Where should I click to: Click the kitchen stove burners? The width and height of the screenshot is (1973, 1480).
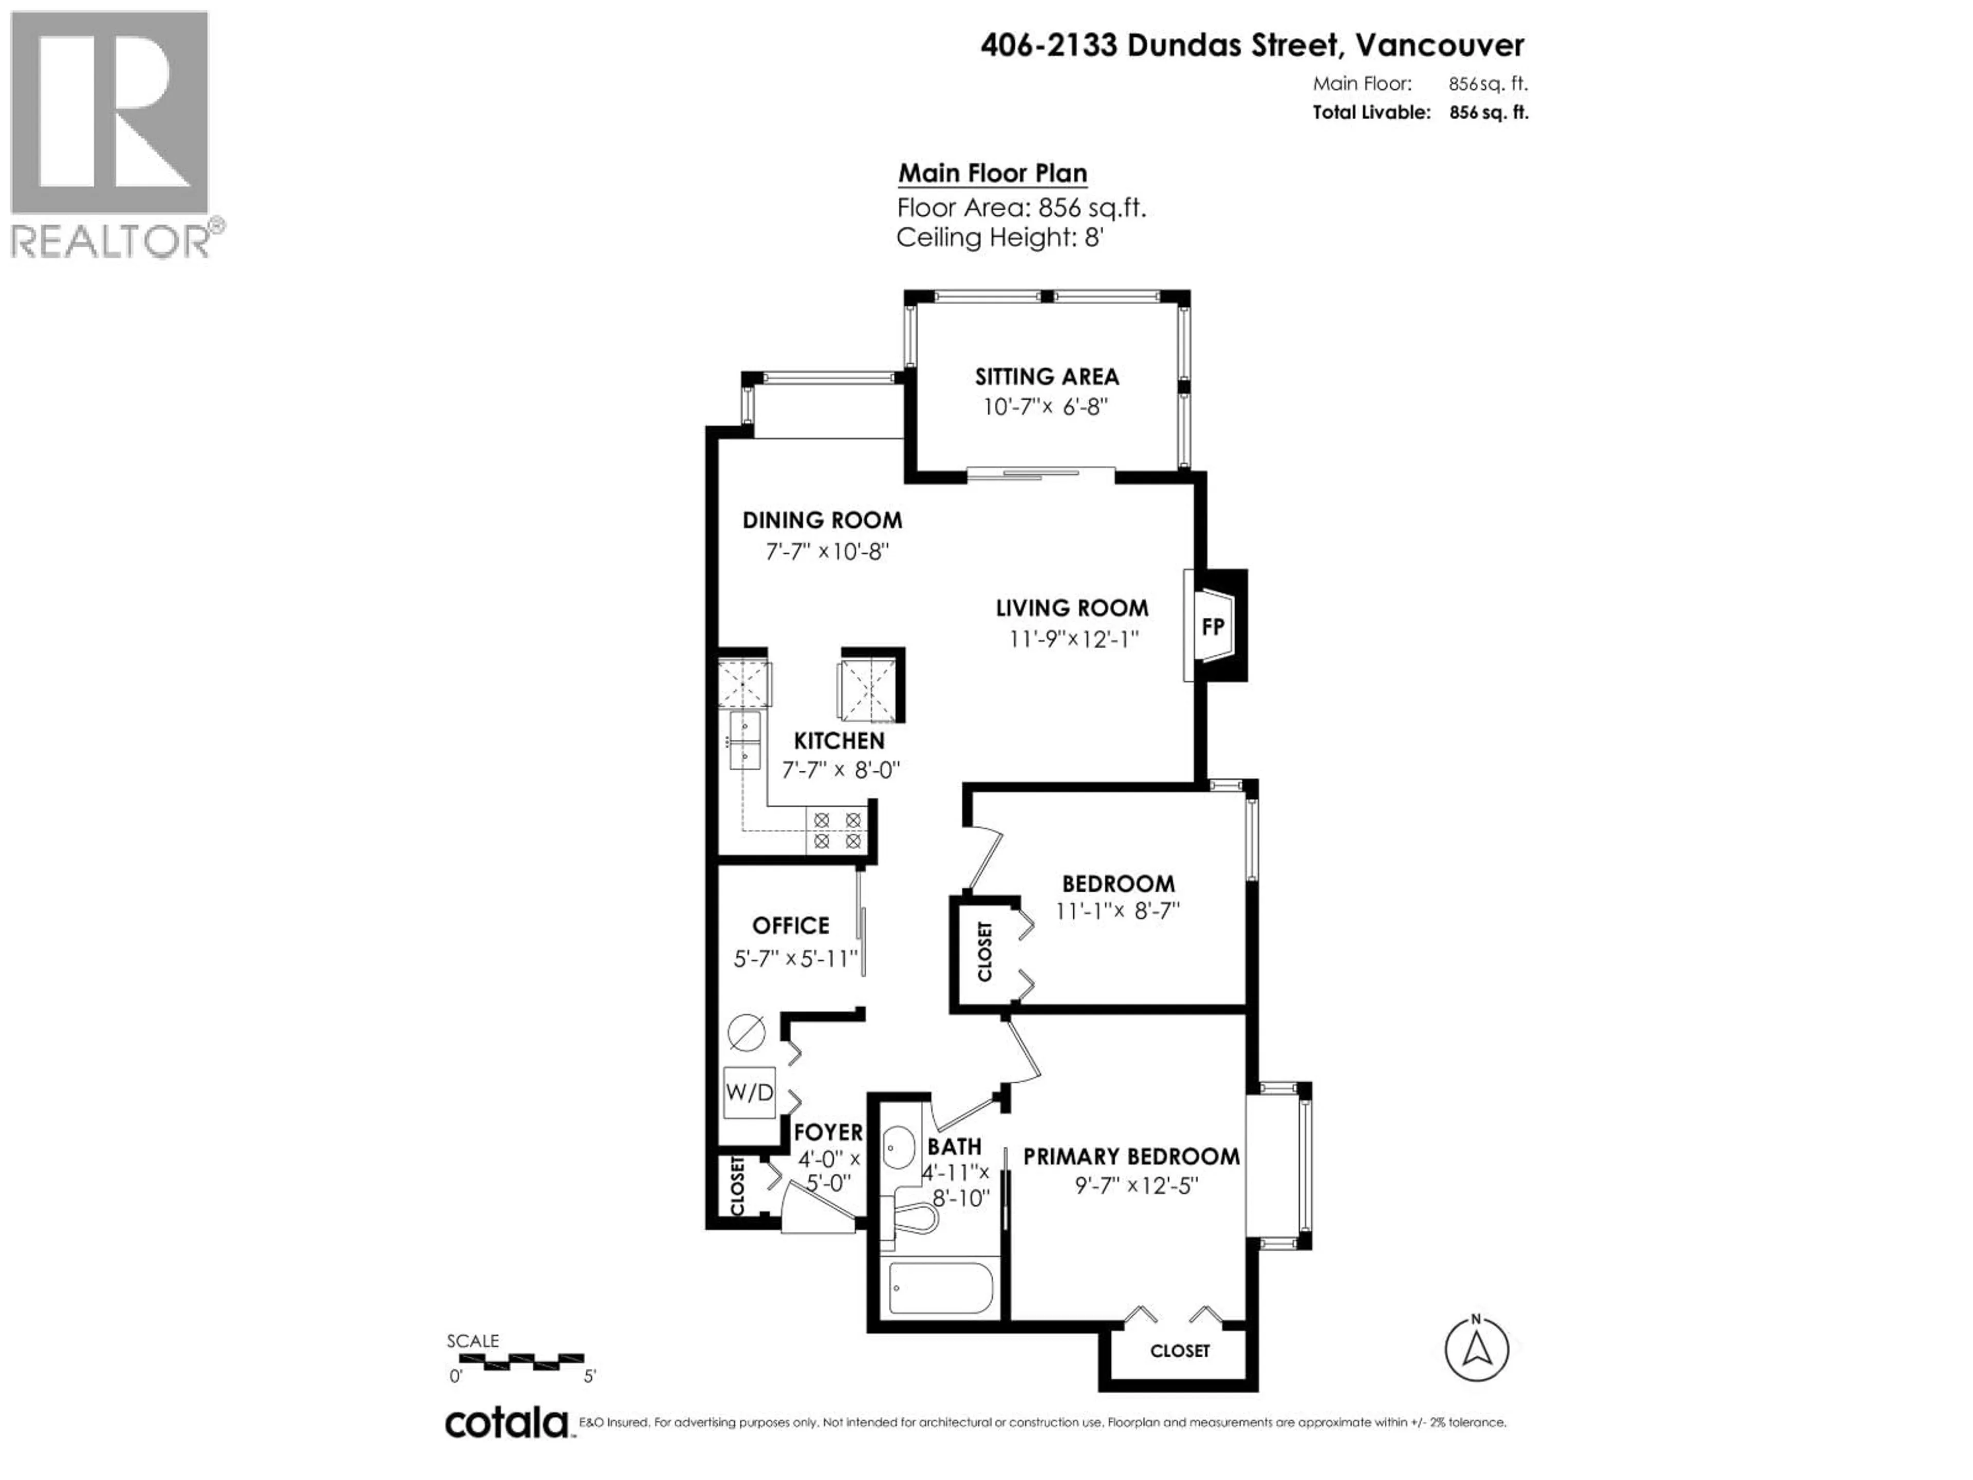tap(836, 829)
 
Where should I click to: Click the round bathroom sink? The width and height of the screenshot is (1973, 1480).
tap(898, 1146)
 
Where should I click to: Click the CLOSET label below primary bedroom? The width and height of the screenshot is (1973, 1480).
tap(1179, 1352)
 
